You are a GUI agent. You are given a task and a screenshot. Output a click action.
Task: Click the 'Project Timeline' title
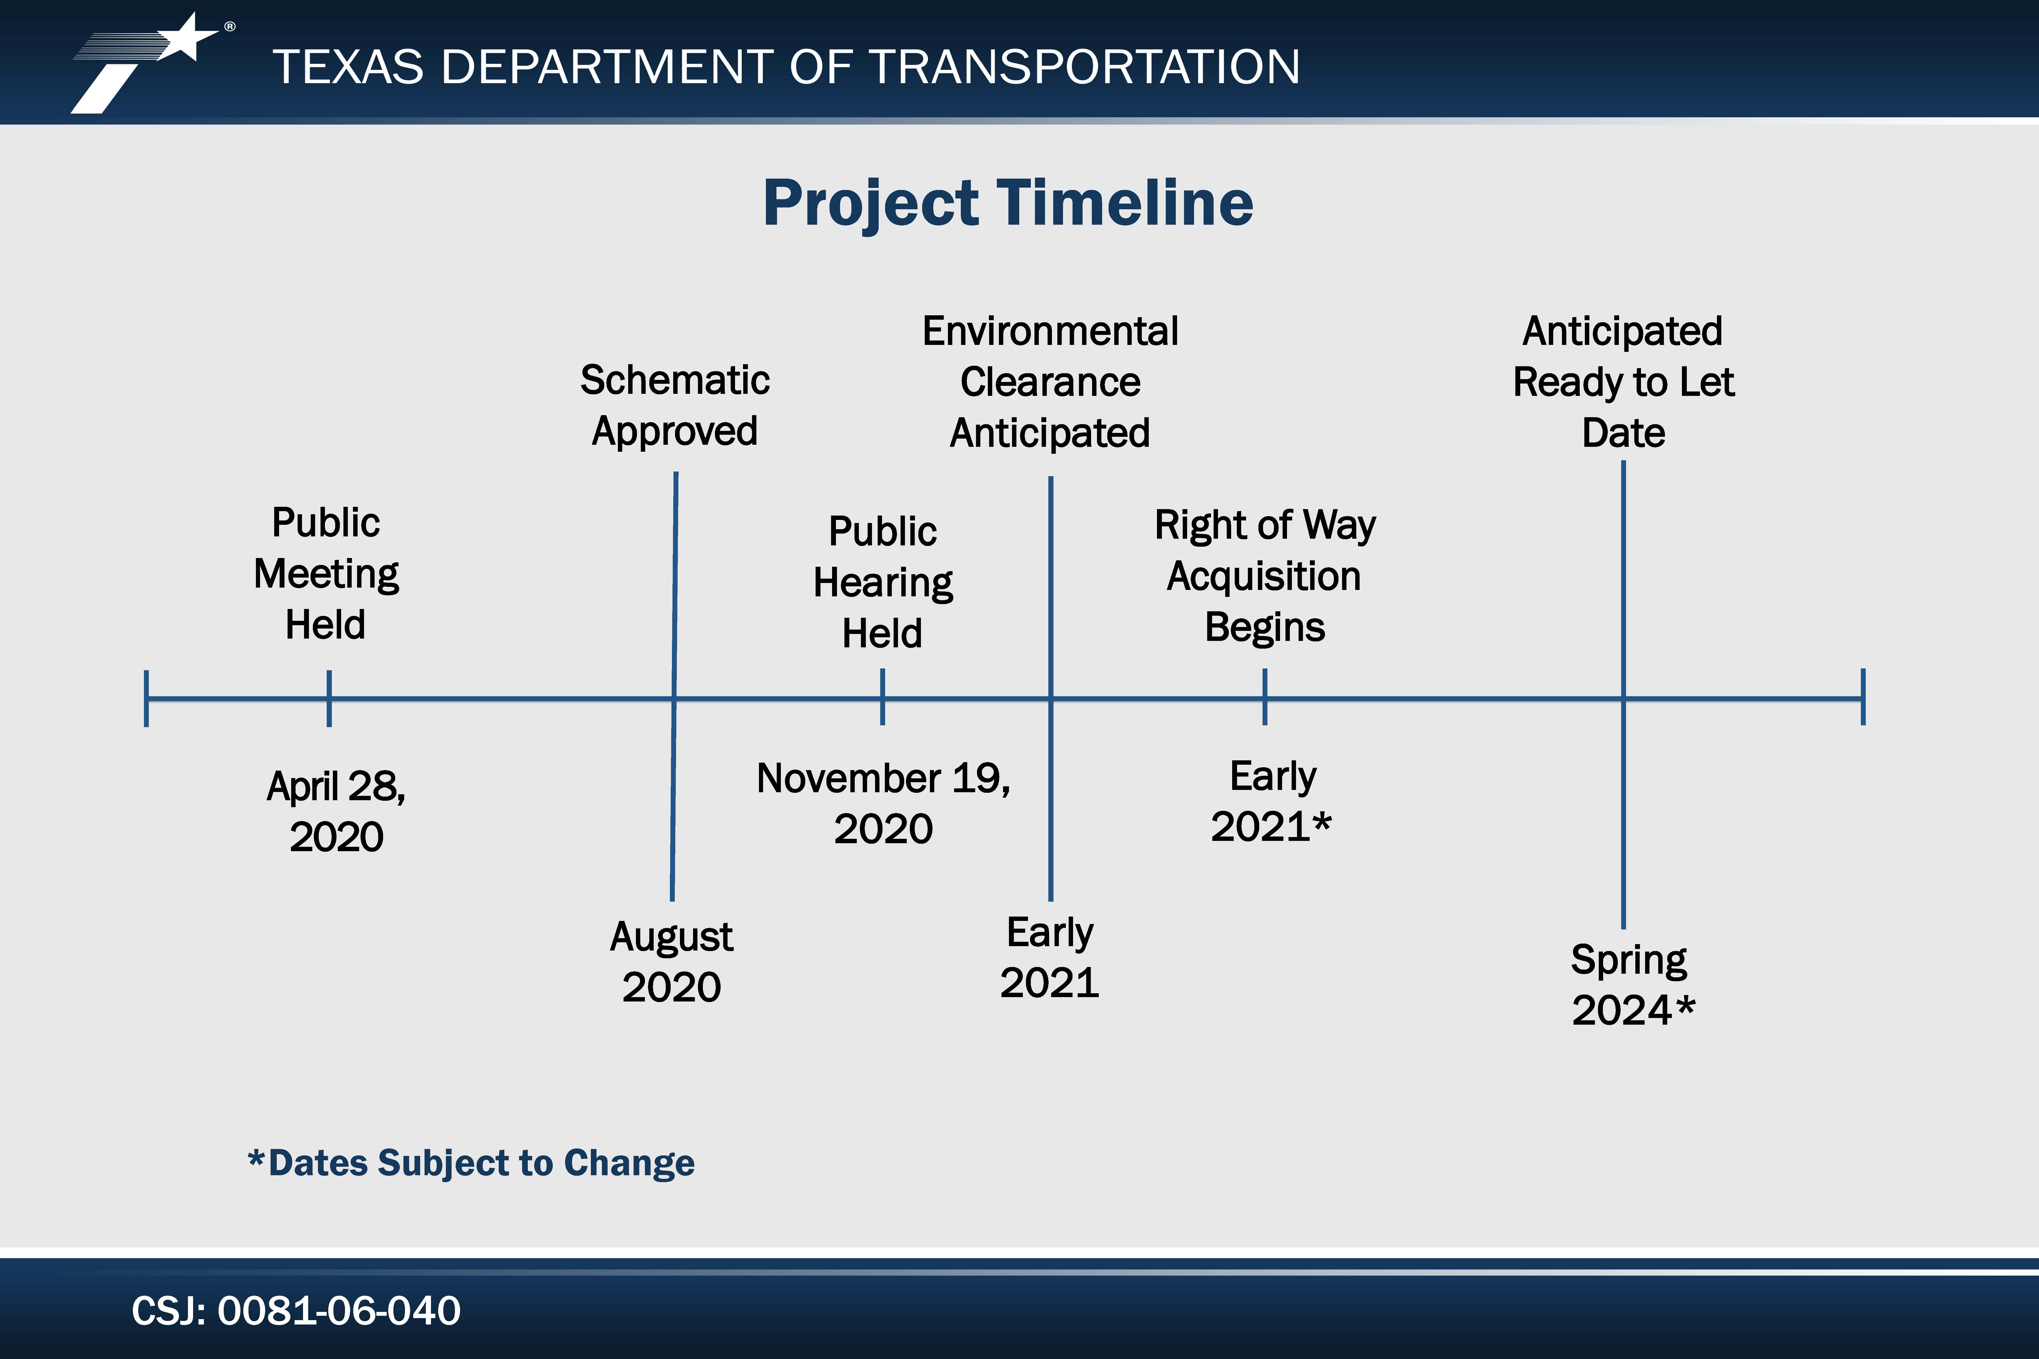tap(1008, 204)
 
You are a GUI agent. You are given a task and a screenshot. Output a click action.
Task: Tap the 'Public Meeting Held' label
tap(326, 574)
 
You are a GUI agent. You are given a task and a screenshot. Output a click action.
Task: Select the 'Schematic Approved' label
tap(675, 406)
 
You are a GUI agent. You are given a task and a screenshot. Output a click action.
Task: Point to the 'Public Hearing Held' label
tap(883, 582)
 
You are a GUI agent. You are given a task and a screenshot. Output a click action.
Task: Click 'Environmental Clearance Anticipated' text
tap(1050, 382)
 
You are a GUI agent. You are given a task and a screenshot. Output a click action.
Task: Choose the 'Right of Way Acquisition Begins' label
tap(1265, 576)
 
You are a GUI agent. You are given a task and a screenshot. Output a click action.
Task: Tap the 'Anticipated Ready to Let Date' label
tap(1623, 382)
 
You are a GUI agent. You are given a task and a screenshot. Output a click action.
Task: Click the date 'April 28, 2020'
tap(336, 811)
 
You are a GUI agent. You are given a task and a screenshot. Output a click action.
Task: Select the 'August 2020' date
tap(672, 962)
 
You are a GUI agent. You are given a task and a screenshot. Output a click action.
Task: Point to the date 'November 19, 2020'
tap(883, 804)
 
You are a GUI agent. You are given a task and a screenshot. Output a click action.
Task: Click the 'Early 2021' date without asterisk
tap(1050, 958)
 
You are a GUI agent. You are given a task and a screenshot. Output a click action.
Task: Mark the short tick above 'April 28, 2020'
tap(330, 698)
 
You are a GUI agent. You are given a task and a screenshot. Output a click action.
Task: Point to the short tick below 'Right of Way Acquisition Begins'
tap(1265, 697)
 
